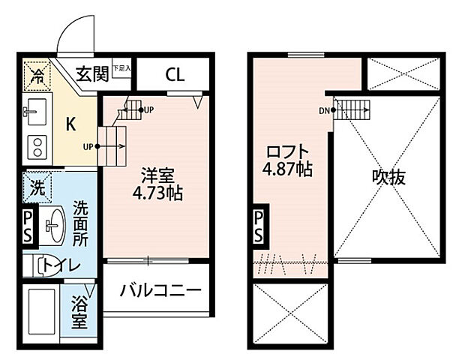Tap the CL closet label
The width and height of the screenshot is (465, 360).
click(175, 74)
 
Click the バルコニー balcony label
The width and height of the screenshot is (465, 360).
click(160, 289)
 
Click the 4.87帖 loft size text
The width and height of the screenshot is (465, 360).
click(288, 169)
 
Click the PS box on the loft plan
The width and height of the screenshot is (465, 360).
click(258, 226)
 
